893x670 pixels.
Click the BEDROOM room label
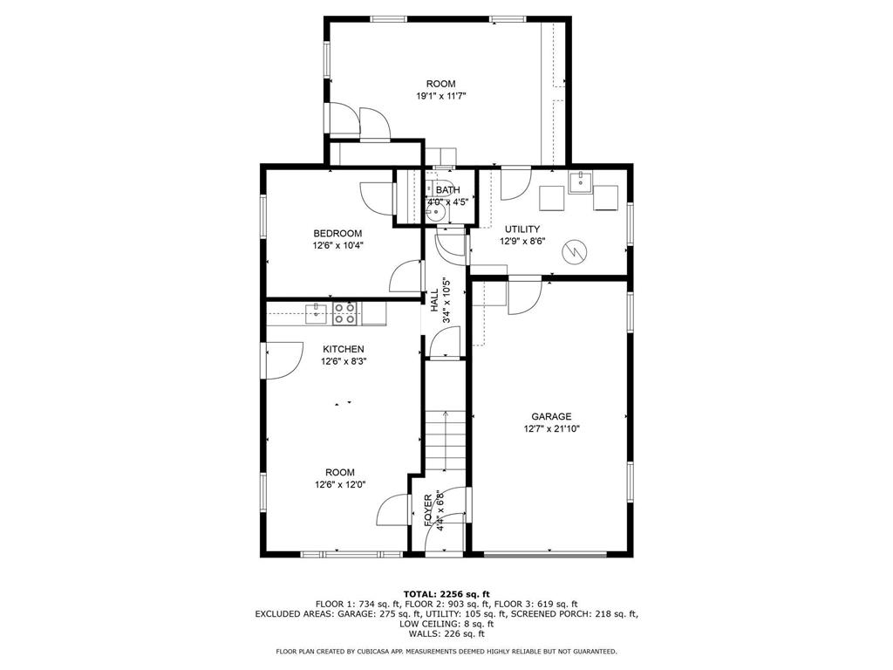coord(337,234)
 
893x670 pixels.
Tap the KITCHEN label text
coord(344,349)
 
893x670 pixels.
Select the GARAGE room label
coord(551,416)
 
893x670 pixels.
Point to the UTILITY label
coord(522,229)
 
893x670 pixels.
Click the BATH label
coord(447,189)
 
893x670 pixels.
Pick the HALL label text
coord(434,300)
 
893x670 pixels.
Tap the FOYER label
coord(428,509)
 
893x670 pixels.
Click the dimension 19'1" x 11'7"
coord(441,96)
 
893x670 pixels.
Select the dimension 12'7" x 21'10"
coord(551,429)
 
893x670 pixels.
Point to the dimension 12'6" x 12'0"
coord(340,485)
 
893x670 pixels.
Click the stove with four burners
coord(344,313)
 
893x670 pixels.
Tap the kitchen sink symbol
coord(316,313)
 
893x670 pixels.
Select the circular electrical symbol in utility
coord(576,252)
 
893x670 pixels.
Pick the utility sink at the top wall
coord(580,182)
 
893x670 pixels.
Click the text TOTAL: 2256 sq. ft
coord(446,593)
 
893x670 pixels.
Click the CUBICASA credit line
coord(446,651)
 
